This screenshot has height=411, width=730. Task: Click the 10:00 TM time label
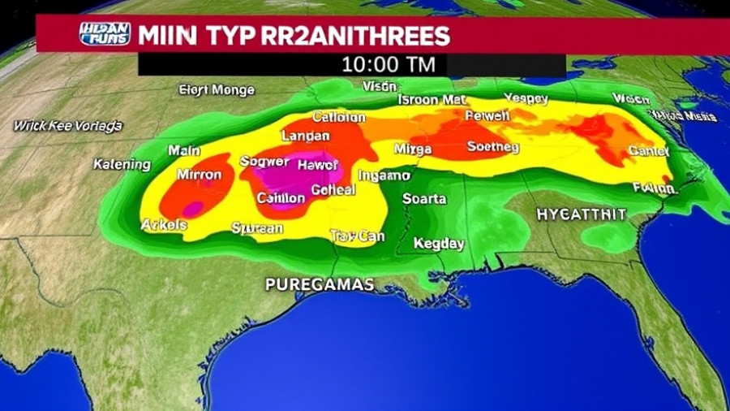pos(389,64)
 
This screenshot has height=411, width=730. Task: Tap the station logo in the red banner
pos(105,34)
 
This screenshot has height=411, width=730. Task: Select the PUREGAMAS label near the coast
pos(320,284)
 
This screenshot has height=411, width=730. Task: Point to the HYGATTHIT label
pos(581,214)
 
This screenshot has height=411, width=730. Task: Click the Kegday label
pos(438,243)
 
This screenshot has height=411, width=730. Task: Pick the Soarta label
pos(424,199)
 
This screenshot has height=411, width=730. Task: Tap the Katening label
pos(122,165)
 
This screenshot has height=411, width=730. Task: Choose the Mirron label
pos(200,175)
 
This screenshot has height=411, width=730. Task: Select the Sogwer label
pos(264,161)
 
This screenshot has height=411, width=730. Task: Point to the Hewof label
pos(317,165)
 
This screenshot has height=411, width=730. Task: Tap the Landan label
pos(305,136)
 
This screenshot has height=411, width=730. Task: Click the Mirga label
pos(412,149)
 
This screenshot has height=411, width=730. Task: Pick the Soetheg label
pos(492,147)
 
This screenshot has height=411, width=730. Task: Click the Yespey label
pos(526,99)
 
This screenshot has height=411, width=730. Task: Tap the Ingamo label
pos(384,175)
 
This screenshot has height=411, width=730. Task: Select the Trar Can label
pos(357,236)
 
